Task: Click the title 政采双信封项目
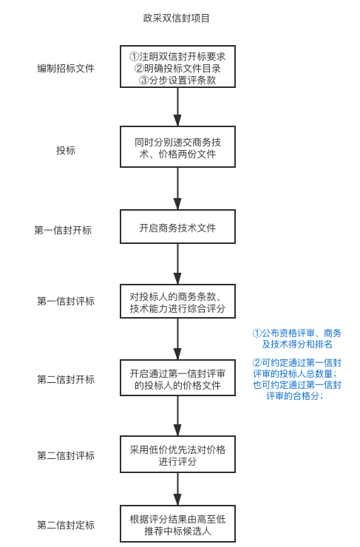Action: pos(176,18)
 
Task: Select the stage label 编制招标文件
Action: pos(66,68)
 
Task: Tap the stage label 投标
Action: pos(66,150)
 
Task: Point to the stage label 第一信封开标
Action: pos(63,230)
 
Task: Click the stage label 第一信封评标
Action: pos(66,301)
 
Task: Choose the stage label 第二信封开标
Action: pos(66,379)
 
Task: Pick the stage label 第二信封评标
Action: pos(66,455)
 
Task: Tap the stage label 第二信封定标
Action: pos(66,525)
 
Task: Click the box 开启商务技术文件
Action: pos(177,227)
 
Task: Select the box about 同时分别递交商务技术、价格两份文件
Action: pos(177,147)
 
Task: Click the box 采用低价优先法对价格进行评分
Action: pos(177,454)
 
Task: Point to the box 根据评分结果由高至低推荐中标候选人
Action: pos(177,524)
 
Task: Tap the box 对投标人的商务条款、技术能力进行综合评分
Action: pos(177,301)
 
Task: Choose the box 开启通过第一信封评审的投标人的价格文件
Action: pos(177,378)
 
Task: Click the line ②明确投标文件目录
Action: pos(177,68)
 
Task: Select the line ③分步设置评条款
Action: pos(177,81)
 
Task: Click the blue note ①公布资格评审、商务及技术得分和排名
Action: pos(297,339)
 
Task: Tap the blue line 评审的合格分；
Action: pos(295,396)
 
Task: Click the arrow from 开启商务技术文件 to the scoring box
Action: pos(177,264)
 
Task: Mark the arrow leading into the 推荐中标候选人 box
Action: pos(177,489)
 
